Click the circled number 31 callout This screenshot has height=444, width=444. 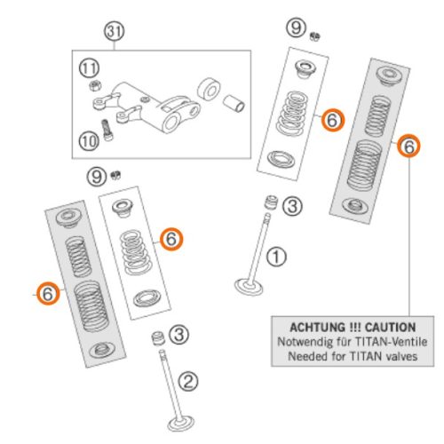114,31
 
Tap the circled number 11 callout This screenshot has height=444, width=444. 89,68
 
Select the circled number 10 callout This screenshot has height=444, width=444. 89,141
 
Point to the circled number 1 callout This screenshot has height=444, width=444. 276,257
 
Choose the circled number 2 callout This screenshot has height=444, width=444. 188,381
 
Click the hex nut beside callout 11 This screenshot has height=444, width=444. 95,86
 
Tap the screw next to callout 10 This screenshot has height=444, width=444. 107,130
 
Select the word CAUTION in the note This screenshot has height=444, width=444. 390,328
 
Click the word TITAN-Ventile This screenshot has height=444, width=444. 391,342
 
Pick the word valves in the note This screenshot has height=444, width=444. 401,356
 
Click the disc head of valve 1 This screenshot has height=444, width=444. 249,286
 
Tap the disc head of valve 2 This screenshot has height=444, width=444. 181,424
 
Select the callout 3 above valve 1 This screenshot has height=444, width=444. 292,206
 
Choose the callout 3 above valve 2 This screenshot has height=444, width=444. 178,335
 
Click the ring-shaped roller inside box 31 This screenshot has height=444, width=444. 209,89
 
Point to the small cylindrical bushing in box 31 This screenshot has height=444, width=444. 234,103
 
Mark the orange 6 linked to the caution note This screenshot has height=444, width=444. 408,146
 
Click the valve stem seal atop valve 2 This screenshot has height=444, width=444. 158,338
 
